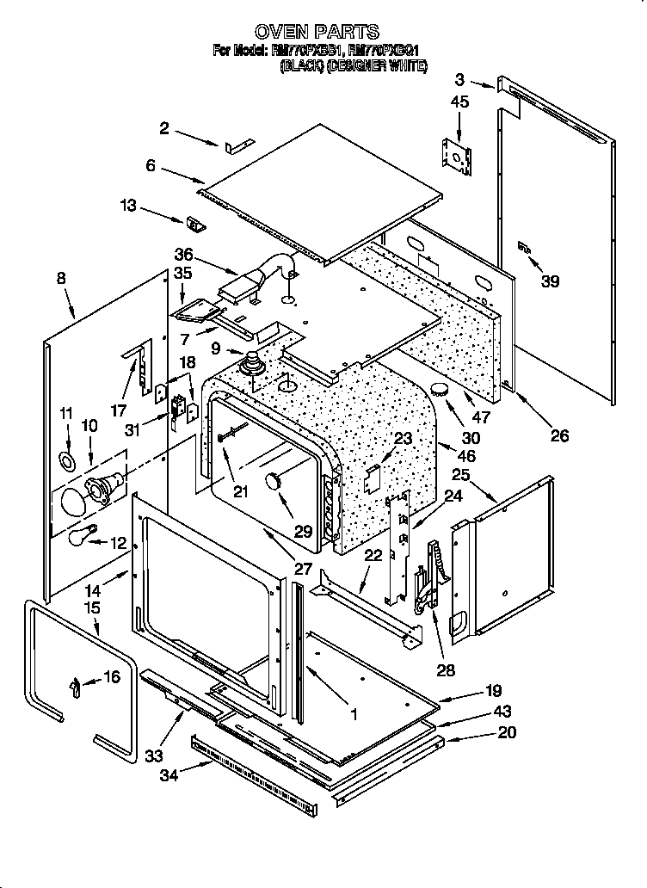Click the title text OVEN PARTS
(x=317, y=33)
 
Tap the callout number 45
(x=459, y=102)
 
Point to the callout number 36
(x=183, y=255)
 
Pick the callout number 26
(x=559, y=435)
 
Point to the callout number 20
(x=507, y=733)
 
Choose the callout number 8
(x=60, y=278)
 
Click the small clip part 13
(x=196, y=225)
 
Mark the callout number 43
(x=502, y=712)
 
